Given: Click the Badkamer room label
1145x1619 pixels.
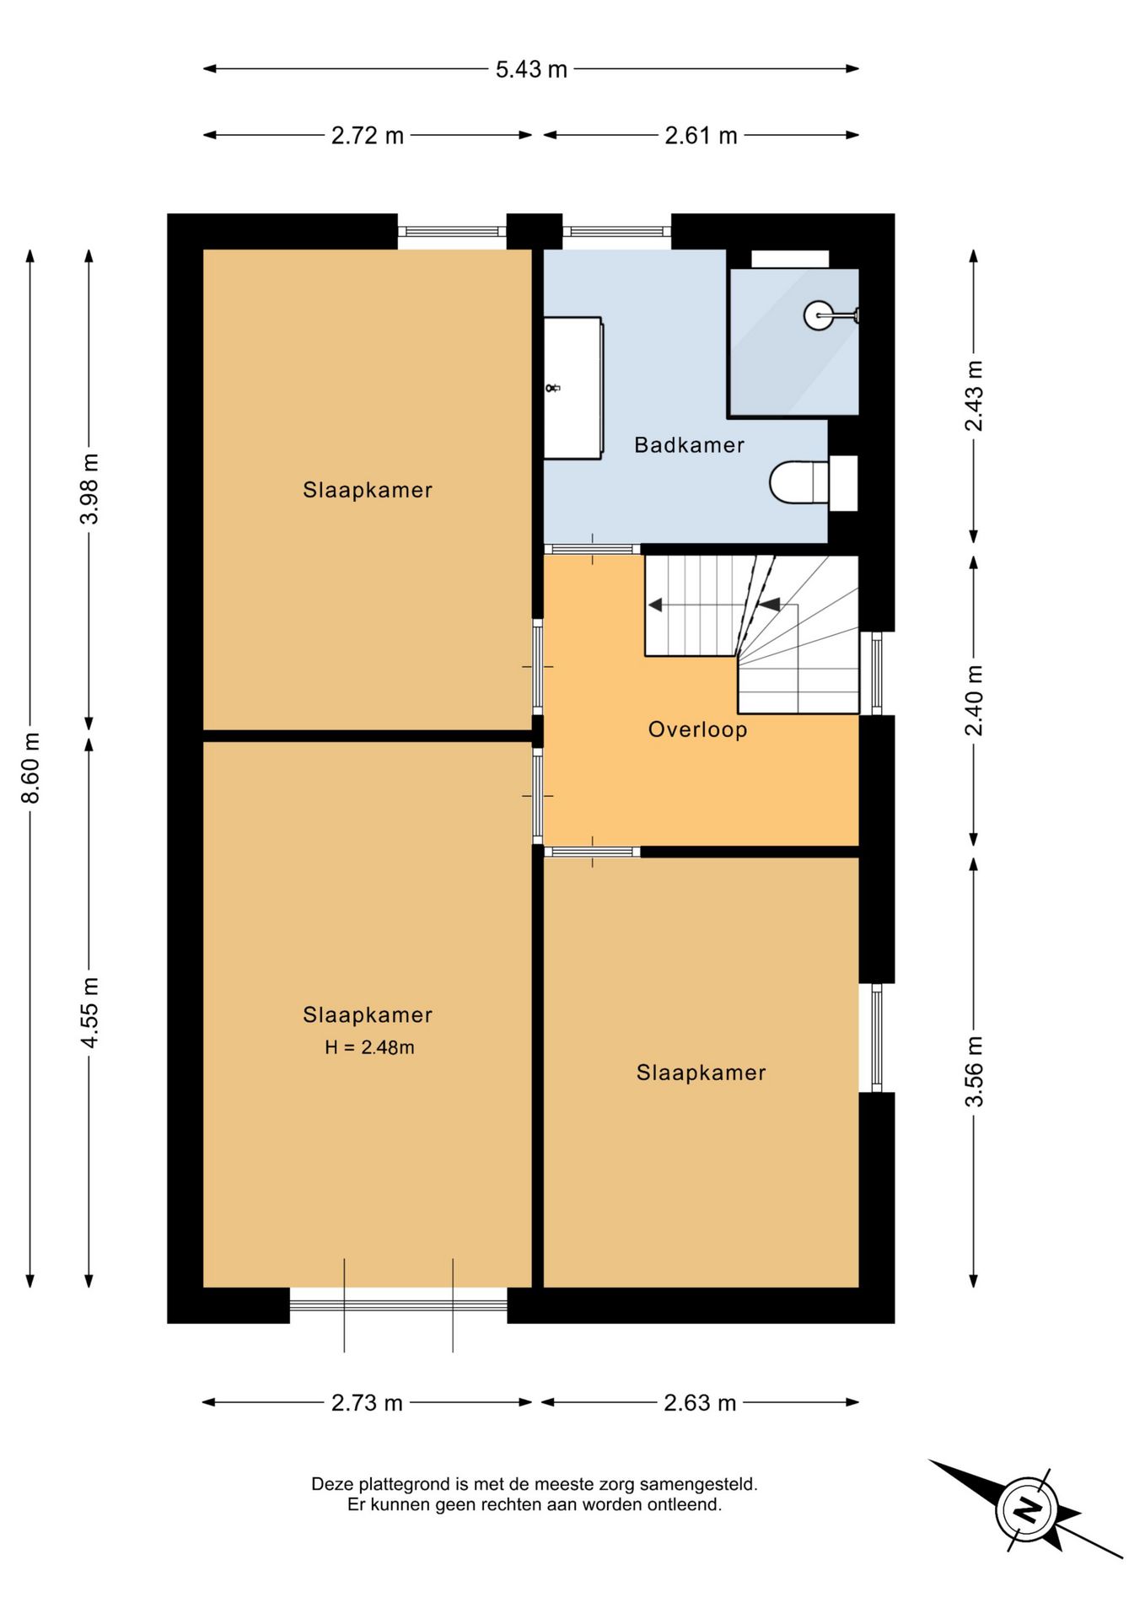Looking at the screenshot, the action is pos(689,444).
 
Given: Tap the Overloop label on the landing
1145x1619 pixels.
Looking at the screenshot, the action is pos(697,729).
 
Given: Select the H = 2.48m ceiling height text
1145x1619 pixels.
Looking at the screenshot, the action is pos(369,1047).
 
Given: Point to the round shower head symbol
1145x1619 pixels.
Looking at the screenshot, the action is pos(818,315).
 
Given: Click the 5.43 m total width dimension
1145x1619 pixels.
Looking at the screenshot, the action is pos(531,69).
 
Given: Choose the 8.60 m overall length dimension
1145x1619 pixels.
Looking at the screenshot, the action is pos(30,768).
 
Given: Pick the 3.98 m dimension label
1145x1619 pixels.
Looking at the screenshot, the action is pos(89,488).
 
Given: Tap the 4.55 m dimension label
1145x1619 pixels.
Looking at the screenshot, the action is pos(89,1013).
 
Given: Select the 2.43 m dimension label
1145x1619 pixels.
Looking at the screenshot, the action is pos(974,395).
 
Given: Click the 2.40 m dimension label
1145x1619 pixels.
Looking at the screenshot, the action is pos(974,700).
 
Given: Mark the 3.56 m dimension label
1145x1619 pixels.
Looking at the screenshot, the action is pos(974,1071).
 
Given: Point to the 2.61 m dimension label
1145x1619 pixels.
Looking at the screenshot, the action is pos(701,136).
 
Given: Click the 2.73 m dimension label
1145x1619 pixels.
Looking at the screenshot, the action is pos(367,1403).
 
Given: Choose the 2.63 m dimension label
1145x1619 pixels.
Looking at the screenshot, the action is pos(700,1403).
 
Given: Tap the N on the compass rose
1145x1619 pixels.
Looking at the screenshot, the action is pos(1026,1509).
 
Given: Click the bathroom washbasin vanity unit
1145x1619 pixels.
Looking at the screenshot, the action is pos(572,388).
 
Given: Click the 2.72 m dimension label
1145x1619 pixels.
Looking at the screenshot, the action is pos(368,136).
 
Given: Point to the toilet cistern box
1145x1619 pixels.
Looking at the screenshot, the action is pos(843,483).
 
